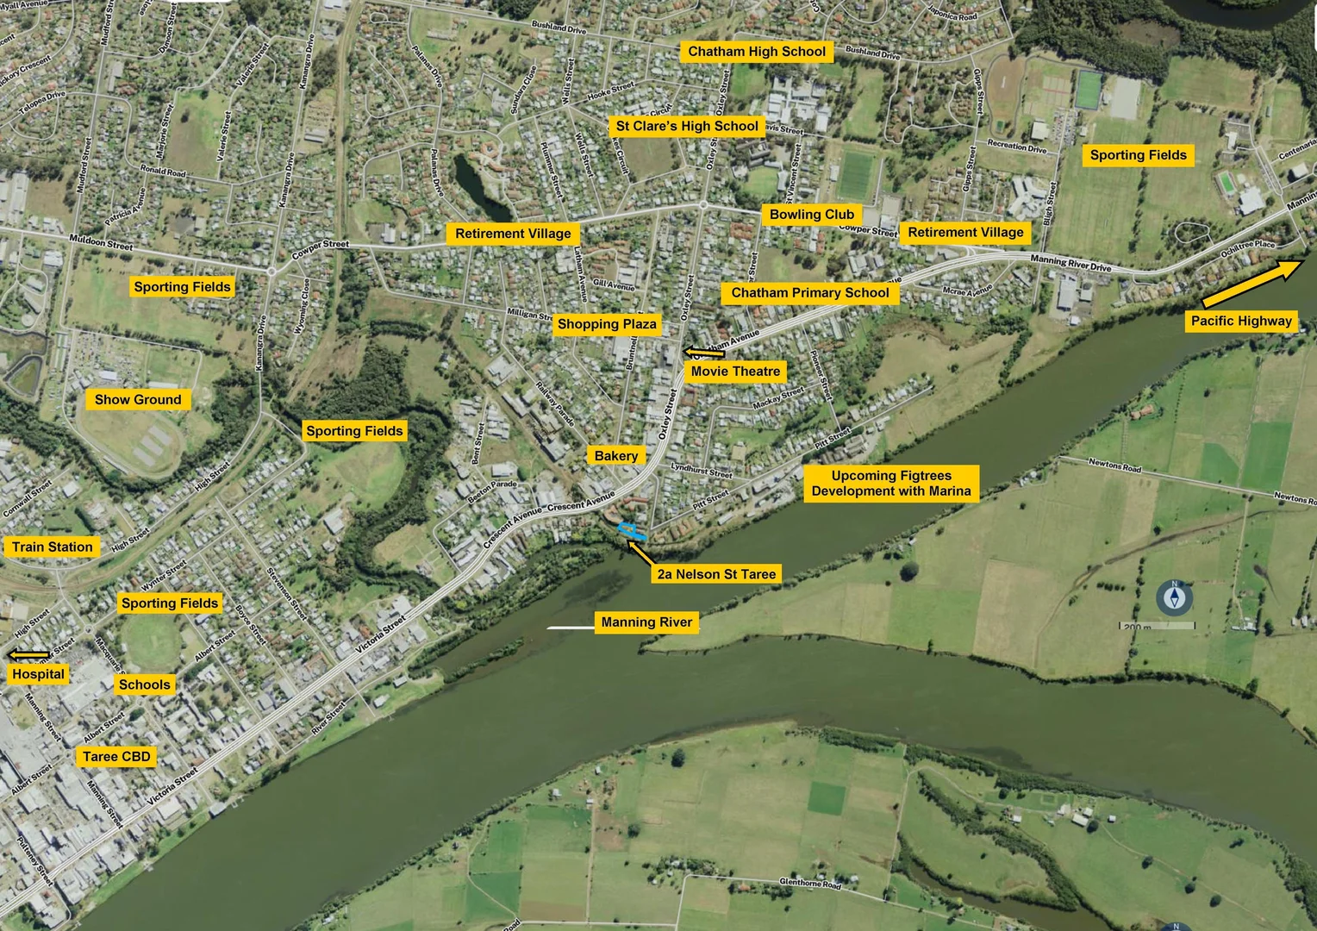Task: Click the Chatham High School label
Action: pyautogui.click(x=757, y=52)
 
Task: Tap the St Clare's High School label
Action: pyautogui.click(x=687, y=126)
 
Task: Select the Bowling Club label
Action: pyautogui.click(x=811, y=215)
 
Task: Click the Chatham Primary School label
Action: pyautogui.click(x=809, y=293)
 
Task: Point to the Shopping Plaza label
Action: pyautogui.click(x=607, y=324)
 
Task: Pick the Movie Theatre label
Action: pyautogui.click(x=735, y=372)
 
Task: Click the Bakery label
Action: pyautogui.click(x=616, y=456)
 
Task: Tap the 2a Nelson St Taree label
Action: pyautogui.click(x=716, y=574)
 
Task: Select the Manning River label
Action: pyautogui.click(x=646, y=622)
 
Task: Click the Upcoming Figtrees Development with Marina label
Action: pyautogui.click(x=891, y=484)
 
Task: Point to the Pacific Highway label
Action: pyautogui.click(x=1241, y=322)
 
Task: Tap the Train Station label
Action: pyautogui.click(x=52, y=547)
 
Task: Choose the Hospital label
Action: pyautogui.click(x=38, y=674)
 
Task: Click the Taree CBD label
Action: pyautogui.click(x=116, y=757)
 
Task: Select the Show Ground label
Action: pyautogui.click(x=138, y=400)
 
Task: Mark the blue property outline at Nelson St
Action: pyautogui.click(x=631, y=532)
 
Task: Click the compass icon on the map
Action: pyautogui.click(x=1174, y=597)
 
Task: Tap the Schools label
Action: pyautogui.click(x=145, y=685)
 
